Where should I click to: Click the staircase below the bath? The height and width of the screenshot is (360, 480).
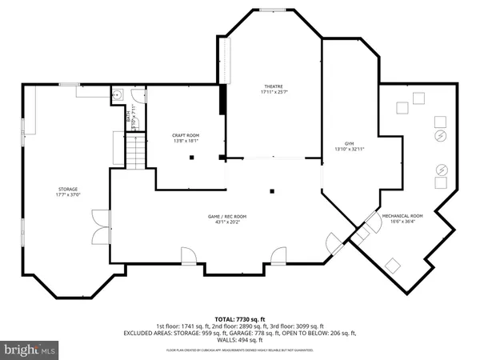click(x=137, y=151)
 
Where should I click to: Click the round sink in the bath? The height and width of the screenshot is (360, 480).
click(x=117, y=94)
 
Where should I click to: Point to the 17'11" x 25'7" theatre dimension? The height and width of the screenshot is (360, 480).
click(x=274, y=93)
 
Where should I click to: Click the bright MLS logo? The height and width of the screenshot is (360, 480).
click(x=30, y=350)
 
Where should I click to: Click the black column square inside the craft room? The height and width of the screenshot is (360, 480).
click(x=192, y=158)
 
